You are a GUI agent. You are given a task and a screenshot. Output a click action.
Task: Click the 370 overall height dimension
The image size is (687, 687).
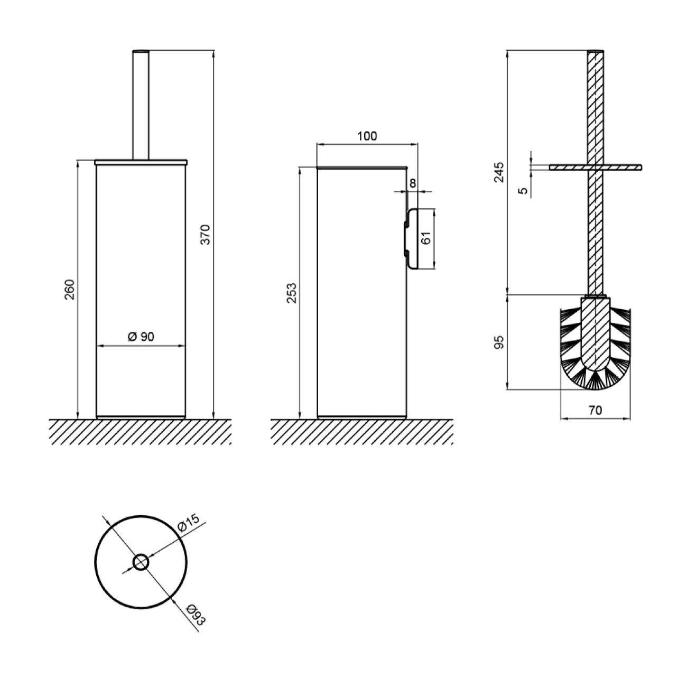pos(206,234)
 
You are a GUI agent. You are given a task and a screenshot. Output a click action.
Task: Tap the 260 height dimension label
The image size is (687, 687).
pos(70,290)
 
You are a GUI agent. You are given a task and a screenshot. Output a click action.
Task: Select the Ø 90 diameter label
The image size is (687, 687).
pos(141,336)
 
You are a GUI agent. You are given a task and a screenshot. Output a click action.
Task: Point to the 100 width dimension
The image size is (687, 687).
pos(367,136)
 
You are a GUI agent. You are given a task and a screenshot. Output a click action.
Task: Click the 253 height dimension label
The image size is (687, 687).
pos(292,293)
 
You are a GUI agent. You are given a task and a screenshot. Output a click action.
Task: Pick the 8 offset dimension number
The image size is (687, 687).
pos(413,183)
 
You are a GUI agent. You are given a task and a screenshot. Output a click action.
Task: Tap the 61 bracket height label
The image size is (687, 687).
pos(426,238)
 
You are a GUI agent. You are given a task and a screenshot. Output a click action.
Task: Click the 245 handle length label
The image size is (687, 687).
pos(499,172)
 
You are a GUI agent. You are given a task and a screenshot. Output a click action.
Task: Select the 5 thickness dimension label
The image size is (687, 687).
pos(523,191)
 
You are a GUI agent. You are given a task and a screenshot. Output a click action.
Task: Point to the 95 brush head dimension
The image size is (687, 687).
pos(499,342)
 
